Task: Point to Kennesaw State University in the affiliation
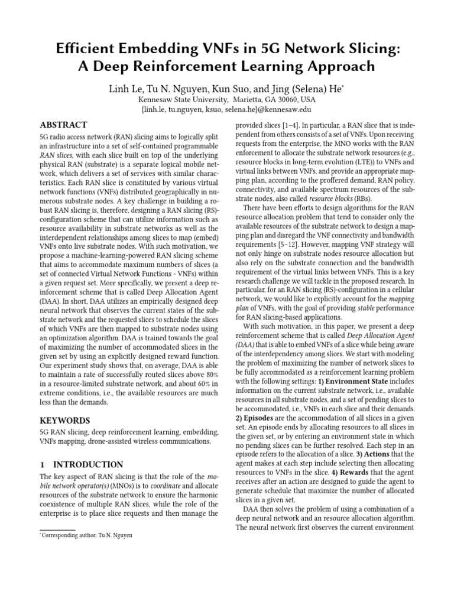[x=183, y=99]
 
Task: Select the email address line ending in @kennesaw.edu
[x=226, y=109]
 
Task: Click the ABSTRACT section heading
[x=63, y=125]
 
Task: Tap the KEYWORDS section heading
[x=64, y=420]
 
